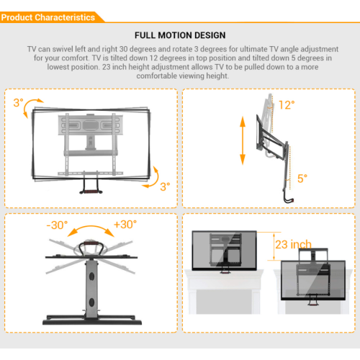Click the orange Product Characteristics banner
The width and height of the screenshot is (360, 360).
click(x=49, y=17)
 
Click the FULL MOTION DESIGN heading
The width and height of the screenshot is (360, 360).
click(x=179, y=35)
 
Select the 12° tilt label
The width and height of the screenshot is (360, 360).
click(x=286, y=105)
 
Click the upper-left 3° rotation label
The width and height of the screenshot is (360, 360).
click(x=18, y=103)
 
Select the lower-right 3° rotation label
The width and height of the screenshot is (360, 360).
click(x=165, y=186)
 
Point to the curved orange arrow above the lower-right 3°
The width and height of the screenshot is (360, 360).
click(x=152, y=176)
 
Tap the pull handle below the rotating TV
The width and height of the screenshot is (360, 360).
click(x=91, y=186)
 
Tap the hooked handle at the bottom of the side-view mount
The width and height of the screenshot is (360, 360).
click(x=288, y=197)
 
